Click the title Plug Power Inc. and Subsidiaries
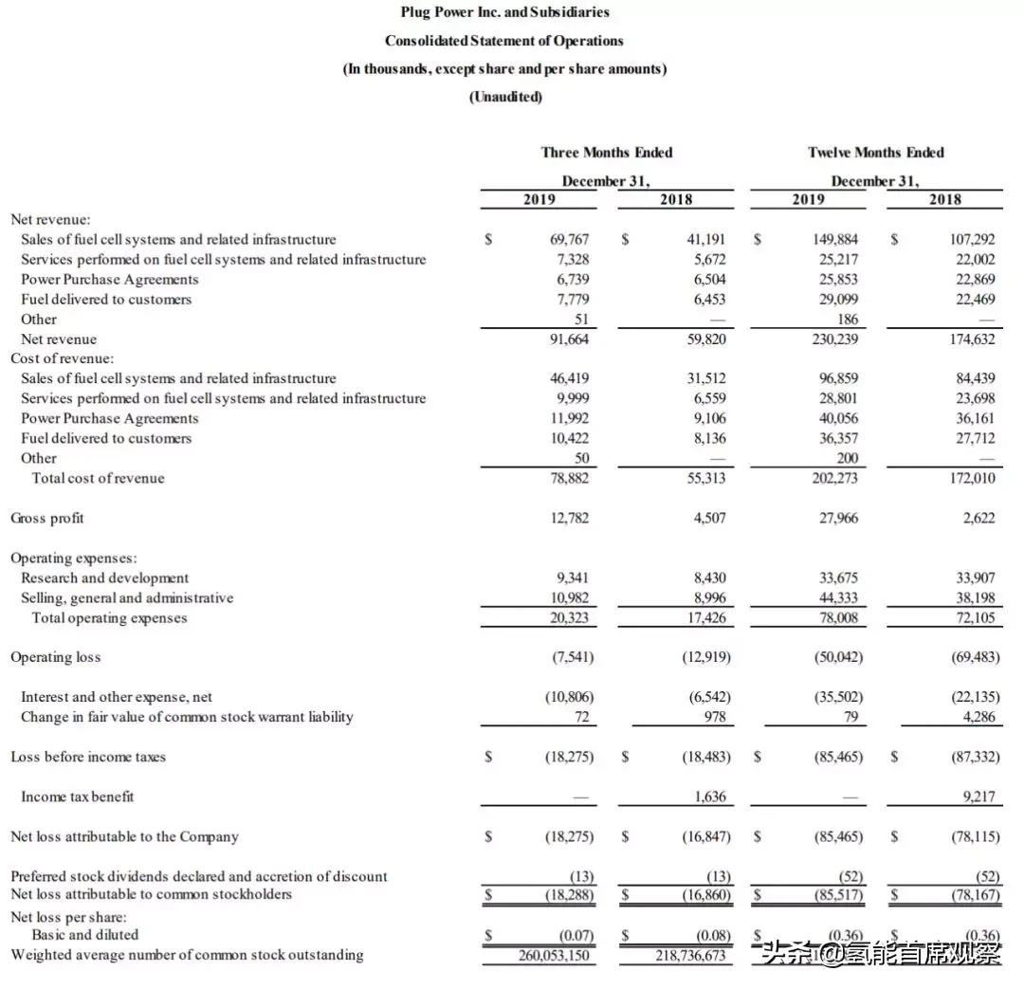click(504, 12)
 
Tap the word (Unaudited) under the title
click(505, 97)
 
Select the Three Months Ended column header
click(607, 152)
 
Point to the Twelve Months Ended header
click(875, 152)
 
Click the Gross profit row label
click(47, 518)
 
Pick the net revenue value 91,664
click(570, 339)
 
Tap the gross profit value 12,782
click(571, 518)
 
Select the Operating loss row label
click(55, 657)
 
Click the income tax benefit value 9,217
click(978, 797)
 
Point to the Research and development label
click(104, 577)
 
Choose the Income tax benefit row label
click(78, 797)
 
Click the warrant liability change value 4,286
click(978, 717)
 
